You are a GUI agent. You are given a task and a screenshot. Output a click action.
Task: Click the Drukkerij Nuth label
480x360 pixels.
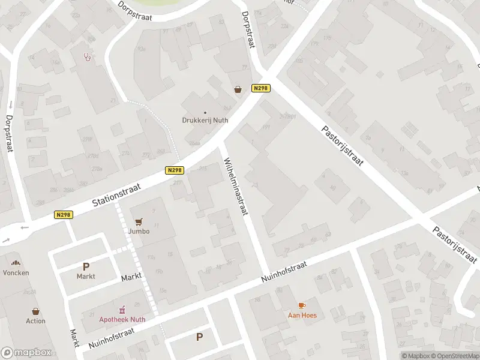[x=205, y=120]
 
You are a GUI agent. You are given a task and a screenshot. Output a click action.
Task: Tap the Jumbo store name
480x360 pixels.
[x=139, y=231]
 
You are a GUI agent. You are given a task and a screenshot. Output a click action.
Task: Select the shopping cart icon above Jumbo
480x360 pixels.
[x=139, y=221]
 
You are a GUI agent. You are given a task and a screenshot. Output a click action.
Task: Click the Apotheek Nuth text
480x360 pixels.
[x=122, y=319]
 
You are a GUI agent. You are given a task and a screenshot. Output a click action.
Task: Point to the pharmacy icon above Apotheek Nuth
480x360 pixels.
[x=122, y=309]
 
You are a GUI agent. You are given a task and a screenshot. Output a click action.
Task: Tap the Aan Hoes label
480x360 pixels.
[x=302, y=315]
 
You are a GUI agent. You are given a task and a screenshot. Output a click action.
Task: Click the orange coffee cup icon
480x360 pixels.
[x=302, y=305]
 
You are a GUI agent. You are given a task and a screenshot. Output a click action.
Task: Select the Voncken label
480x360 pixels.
[x=16, y=272]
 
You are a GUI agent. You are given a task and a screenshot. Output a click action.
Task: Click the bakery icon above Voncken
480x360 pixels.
[x=16, y=263]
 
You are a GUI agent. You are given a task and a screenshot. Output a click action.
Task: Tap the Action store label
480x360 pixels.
[x=35, y=321]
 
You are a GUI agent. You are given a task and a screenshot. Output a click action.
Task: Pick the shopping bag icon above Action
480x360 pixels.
[x=35, y=311]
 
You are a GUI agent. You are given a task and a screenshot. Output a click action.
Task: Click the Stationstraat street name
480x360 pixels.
[x=116, y=196]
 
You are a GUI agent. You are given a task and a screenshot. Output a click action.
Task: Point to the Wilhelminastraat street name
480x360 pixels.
[x=236, y=187]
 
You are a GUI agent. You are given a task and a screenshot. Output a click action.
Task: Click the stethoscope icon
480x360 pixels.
[x=89, y=57]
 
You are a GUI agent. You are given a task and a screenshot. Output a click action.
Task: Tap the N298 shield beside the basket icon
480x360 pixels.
[x=261, y=88]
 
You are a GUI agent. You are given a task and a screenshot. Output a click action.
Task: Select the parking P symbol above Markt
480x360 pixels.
[x=86, y=266]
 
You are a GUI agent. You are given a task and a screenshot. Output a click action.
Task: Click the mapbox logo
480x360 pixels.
[x=25, y=352]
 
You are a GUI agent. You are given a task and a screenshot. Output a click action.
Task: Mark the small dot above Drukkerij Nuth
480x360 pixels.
[x=205, y=112]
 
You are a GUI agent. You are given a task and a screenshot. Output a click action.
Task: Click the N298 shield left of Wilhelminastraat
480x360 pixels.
[x=174, y=170]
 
